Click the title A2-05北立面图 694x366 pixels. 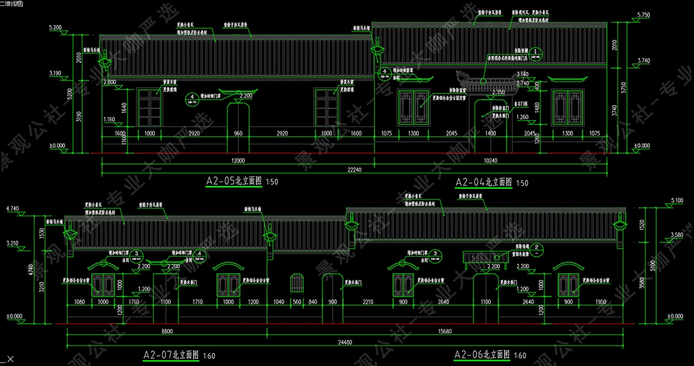(x=234, y=182)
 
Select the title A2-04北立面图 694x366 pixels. (x=483, y=182)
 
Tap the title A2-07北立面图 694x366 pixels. (x=171, y=355)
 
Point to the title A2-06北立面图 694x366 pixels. (x=482, y=355)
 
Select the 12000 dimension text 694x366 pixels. (x=238, y=160)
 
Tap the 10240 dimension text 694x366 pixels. (x=489, y=160)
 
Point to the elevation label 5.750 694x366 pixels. (x=644, y=14)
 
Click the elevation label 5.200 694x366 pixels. (x=56, y=27)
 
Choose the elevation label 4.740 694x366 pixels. (x=12, y=209)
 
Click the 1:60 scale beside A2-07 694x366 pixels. (x=209, y=356)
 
